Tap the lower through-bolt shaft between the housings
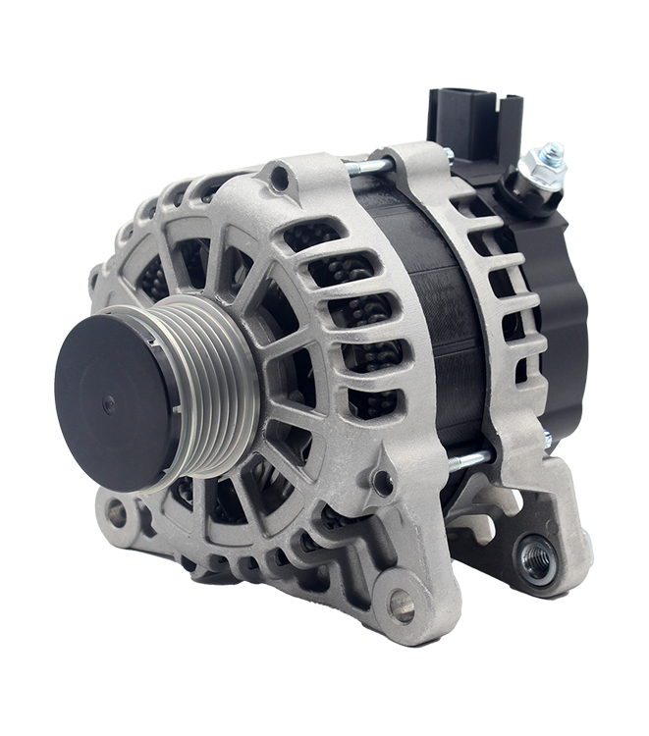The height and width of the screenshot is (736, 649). (469, 459)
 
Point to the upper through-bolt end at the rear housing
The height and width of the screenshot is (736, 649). (448, 154)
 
